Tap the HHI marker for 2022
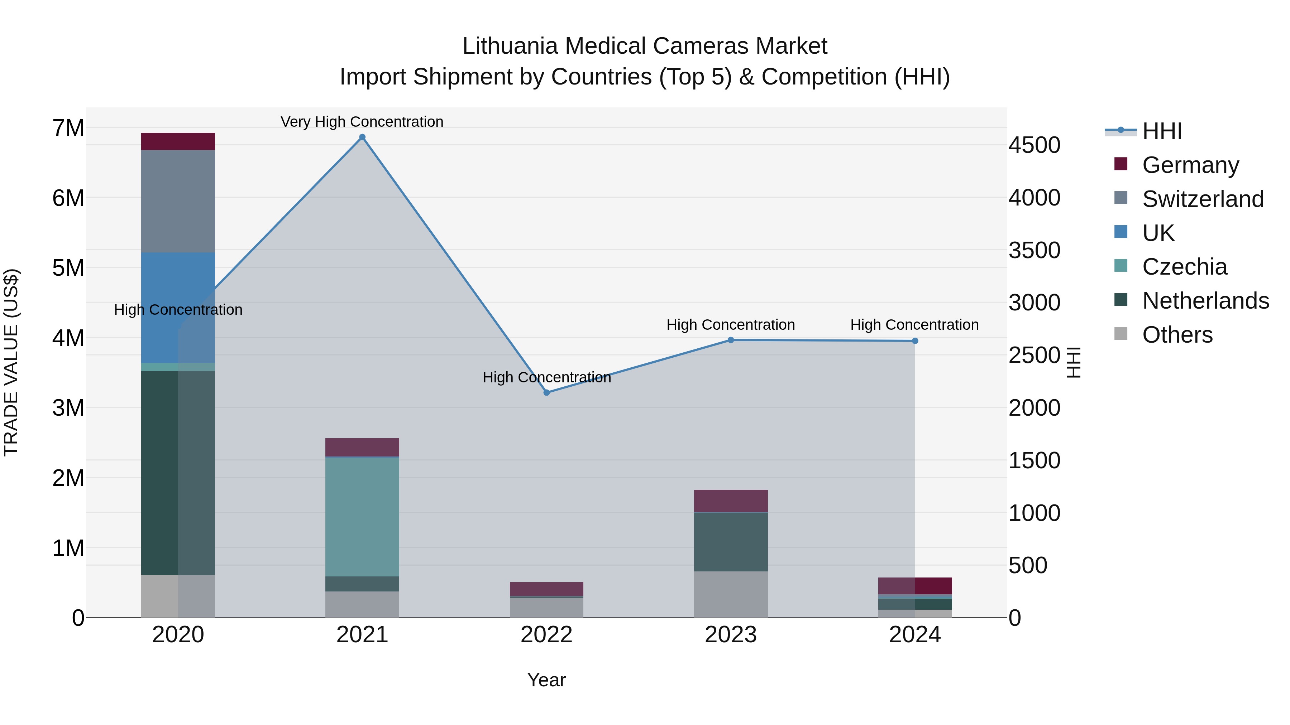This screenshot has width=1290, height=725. [546, 393]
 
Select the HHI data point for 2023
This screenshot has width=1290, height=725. [731, 340]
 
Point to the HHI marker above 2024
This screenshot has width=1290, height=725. [915, 341]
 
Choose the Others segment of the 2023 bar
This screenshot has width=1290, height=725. [731, 594]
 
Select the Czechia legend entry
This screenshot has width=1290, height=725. [1184, 267]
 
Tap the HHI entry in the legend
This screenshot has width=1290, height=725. [1162, 131]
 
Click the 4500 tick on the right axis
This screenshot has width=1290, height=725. [1034, 145]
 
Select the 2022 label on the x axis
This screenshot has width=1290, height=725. [546, 635]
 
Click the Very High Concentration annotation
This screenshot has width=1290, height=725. [362, 122]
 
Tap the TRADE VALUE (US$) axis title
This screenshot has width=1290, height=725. [11, 362]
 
